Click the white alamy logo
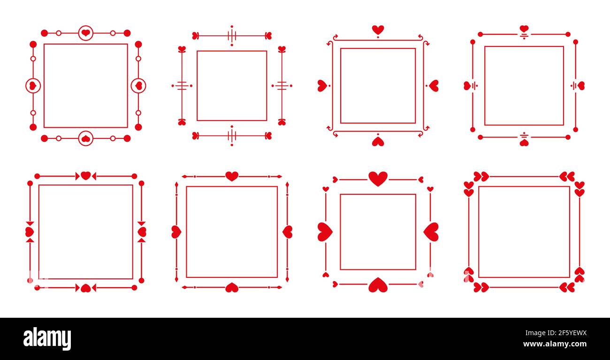pos(47,338)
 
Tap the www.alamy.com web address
pos(555,344)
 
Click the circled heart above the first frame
pos(86,33)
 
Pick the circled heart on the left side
pos(33,86)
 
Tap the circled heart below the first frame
pos(86,138)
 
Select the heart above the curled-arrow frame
pos(378,30)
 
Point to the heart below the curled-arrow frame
pos(378,142)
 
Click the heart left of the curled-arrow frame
pos(322,86)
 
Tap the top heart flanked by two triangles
pos(86,176)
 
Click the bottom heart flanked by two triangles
pos(86,288)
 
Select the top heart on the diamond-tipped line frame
pos(232,176)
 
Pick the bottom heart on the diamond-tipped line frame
pos(232,288)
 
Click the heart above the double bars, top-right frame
pos(524,29)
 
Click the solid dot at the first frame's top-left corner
pos(45,33)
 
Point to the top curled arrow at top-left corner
pos(335,36)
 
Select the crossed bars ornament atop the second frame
pos(232,36)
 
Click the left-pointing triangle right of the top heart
pos(94,176)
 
